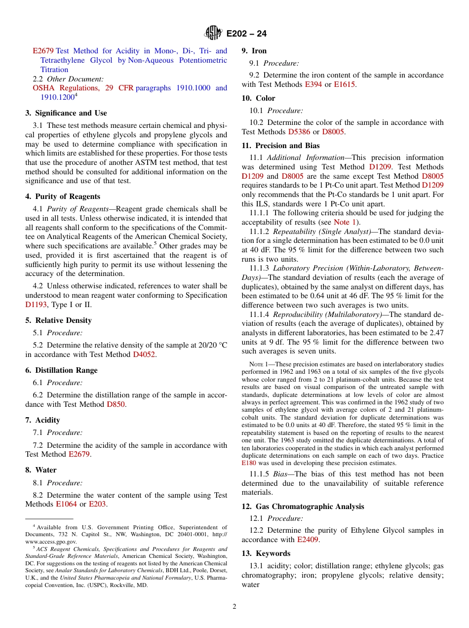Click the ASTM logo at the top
pos(213,33)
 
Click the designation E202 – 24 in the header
pos(246,34)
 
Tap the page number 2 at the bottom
pos(234,607)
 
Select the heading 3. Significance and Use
pos(66,113)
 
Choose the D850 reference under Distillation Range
pos(116,404)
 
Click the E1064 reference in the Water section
pos(66,504)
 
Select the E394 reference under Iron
pos(313,84)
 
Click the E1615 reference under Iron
pos(344,84)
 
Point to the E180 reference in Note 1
pos(248,464)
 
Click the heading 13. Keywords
pos(266,553)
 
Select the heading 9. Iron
pos(254,51)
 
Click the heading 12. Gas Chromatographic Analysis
pos(303,507)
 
